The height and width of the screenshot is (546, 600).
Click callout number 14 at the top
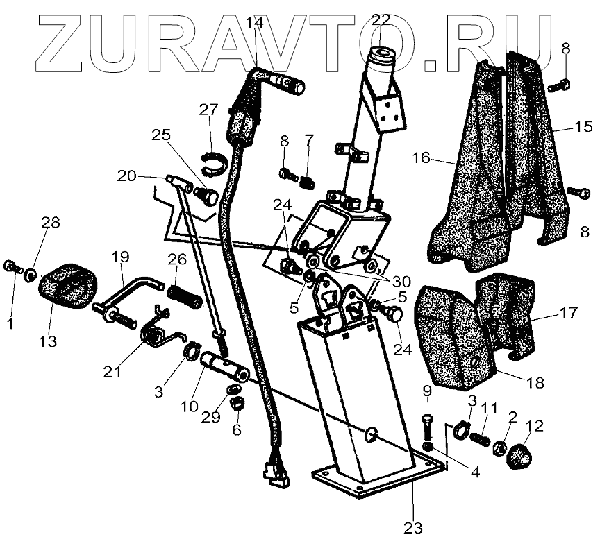[x=254, y=22]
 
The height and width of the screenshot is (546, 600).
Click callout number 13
[x=48, y=342]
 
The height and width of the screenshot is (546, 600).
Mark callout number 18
[x=535, y=382]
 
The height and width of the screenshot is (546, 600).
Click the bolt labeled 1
[x=12, y=266]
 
